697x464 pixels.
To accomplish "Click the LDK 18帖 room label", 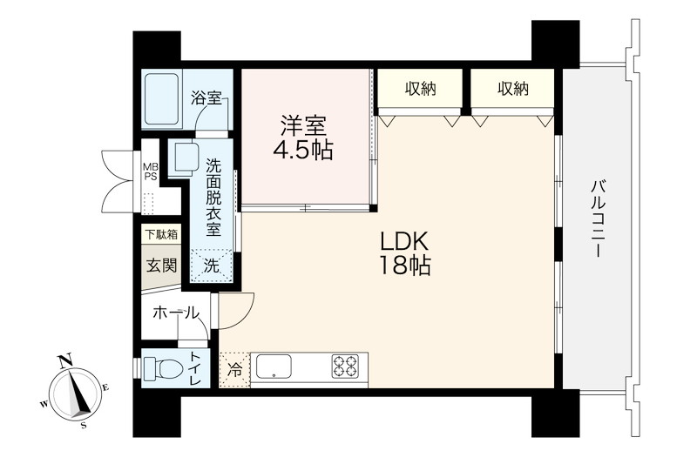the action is pyautogui.click(x=403, y=253).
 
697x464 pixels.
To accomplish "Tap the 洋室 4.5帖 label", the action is pyautogui.click(x=302, y=138).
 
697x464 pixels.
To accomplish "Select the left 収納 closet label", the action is pyautogui.click(x=420, y=89).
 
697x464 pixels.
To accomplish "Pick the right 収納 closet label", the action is pyautogui.click(x=513, y=89).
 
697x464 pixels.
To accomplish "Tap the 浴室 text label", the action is pyautogui.click(x=206, y=98).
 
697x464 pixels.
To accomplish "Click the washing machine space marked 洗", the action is pyautogui.click(x=212, y=266).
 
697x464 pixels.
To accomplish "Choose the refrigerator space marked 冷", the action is pyautogui.click(x=234, y=370).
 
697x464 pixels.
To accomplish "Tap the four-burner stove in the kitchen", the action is pyautogui.click(x=345, y=366).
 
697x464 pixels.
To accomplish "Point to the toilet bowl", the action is pyautogui.click(x=166, y=368).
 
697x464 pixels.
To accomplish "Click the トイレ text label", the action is pyautogui.click(x=195, y=369).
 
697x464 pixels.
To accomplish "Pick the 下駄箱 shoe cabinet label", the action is pyautogui.click(x=162, y=234).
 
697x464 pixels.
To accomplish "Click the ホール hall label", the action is pyautogui.click(x=176, y=313).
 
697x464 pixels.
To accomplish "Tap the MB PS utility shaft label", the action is pyautogui.click(x=150, y=171).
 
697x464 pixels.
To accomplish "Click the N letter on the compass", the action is pyautogui.click(x=67, y=361).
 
